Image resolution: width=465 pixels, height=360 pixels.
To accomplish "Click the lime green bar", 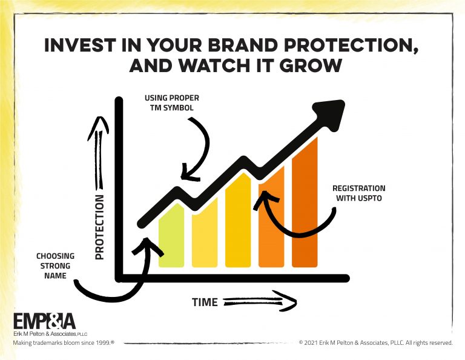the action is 171,236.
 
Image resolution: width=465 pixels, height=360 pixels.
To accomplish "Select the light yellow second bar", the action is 205,233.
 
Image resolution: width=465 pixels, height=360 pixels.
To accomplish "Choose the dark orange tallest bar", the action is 305,202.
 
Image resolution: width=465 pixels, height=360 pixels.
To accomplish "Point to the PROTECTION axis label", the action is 100,227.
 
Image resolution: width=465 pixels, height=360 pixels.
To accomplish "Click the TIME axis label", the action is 205,302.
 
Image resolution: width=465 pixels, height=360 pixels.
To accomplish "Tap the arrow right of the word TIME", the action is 260,302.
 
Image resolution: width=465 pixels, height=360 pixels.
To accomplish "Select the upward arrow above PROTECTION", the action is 99,152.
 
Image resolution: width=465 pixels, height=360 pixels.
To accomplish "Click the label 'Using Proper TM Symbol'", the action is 172,102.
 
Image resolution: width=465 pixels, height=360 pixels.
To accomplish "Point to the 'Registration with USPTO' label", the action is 359,193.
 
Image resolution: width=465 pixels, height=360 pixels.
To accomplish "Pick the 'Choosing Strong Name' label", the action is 55,265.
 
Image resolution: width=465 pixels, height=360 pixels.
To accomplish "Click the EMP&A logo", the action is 44,321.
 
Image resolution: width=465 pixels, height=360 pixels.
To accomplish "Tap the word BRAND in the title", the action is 242,45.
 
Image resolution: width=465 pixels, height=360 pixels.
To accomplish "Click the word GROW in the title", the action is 311,65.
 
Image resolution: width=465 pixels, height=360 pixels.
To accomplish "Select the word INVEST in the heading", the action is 80,45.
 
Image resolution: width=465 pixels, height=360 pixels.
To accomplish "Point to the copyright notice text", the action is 376,343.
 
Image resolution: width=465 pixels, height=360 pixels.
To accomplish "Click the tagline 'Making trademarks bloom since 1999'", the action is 64,343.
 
